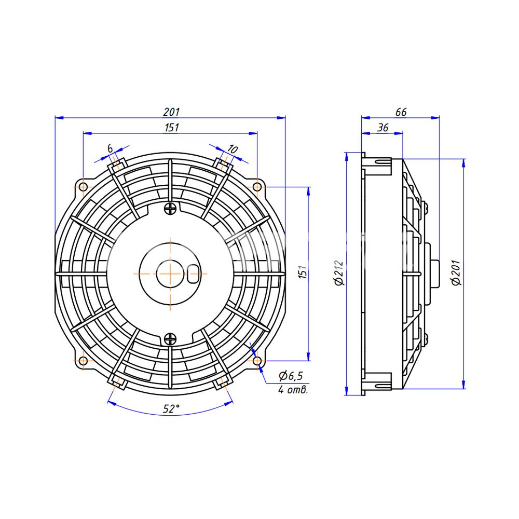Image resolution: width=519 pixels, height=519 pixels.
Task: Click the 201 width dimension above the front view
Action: coord(171,112)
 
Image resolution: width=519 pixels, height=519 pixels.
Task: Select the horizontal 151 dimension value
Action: coord(171,128)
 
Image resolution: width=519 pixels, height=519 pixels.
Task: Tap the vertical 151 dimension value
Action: coord(303,272)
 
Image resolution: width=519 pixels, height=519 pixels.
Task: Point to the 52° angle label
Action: coord(171,409)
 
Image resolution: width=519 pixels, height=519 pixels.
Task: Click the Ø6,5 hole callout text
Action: coord(291,376)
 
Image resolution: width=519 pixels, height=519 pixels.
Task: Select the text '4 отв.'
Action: coord(293,390)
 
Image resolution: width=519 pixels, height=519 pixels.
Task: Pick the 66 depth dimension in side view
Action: coord(401,112)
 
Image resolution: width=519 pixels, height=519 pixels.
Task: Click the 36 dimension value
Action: coord(383,128)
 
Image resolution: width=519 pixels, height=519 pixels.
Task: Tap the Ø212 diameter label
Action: coord(339,273)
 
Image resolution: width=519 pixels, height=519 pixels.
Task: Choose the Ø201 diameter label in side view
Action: coord(456,273)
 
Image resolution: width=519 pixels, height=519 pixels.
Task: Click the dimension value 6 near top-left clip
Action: coord(110,148)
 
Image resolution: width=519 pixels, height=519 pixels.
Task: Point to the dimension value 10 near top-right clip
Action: coord(232,149)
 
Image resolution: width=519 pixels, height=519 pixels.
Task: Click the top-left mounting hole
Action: coord(83,187)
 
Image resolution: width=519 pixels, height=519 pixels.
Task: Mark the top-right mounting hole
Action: coord(257,187)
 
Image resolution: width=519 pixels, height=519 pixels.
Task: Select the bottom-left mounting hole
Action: coord(83,361)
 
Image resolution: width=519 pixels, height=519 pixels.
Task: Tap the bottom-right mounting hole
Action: coord(257,361)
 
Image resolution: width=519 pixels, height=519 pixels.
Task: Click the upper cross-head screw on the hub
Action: coord(170,209)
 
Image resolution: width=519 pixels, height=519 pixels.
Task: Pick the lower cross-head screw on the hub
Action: coord(170,339)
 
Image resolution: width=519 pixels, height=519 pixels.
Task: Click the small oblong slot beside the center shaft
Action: coord(193,274)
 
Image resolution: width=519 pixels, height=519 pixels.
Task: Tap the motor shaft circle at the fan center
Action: coord(170,274)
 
